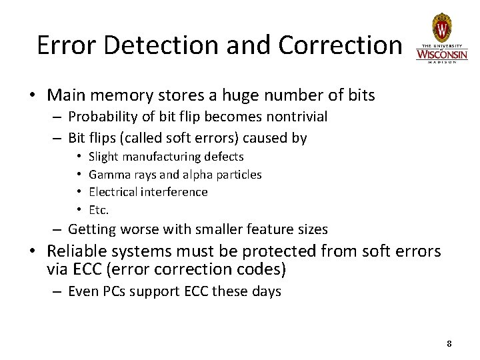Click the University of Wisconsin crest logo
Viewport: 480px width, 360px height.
441,28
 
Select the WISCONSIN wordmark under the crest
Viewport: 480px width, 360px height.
441,53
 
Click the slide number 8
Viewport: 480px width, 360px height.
449,343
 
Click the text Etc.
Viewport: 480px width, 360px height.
98,209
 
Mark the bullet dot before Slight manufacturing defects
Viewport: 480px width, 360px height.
78,157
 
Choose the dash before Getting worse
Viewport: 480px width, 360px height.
58,229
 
